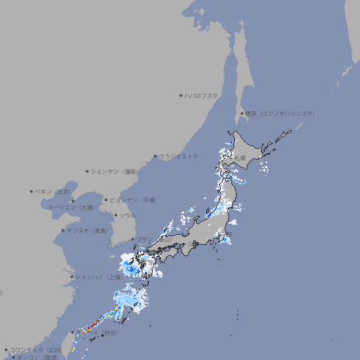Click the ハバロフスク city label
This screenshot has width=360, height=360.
click(x=202, y=95)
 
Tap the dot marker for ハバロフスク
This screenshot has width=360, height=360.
click(x=181, y=95)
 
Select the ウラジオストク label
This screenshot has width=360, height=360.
click(x=179, y=156)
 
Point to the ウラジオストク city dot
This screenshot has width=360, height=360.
click(x=155, y=156)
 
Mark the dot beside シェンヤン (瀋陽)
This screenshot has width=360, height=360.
click(x=88, y=171)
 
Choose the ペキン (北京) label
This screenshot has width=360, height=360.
click(x=54, y=191)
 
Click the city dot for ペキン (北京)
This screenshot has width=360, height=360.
click(x=32, y=191)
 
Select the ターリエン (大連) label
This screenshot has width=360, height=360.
click(x=71, y=207)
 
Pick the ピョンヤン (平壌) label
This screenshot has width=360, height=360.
click(x=134, y=200)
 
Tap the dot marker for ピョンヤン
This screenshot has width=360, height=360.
click(x=107, y=200)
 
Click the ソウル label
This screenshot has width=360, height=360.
click(x=127, y=215)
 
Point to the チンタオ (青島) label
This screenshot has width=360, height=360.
click(x=88, y=230)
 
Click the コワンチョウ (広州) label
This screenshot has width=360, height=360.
click(x=36, y=349)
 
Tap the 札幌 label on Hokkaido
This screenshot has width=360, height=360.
click(x=241, y=157)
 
